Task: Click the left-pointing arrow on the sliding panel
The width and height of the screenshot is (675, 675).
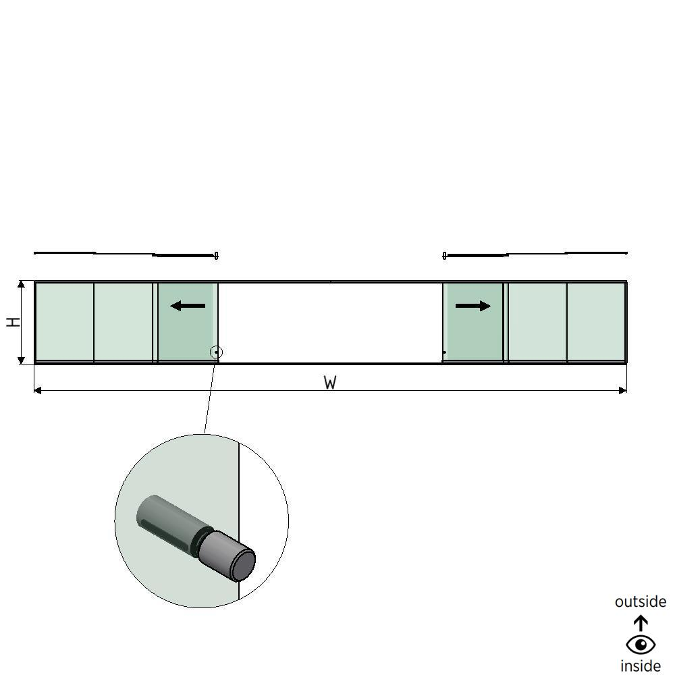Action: (188, 306)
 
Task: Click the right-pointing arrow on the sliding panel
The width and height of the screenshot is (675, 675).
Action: (473, 306)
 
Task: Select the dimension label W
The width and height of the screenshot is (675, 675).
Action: (330, 383)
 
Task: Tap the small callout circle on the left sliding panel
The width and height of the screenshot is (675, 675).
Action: (216, 352)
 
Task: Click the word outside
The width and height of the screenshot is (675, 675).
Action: (640, 601)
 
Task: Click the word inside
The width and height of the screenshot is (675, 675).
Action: (640, 666)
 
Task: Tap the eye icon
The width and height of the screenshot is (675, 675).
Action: (640, 645)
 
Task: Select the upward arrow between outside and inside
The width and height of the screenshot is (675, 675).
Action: (640, 622)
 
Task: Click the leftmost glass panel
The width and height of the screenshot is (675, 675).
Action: (64, 322)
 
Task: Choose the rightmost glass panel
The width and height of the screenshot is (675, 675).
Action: (596, 322)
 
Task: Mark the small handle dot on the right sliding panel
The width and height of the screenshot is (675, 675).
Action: (444, 352)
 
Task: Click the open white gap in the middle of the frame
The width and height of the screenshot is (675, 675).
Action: (330, 322)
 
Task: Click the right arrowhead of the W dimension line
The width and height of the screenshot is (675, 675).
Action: (623, 390)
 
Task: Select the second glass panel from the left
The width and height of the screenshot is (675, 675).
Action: (123, 322)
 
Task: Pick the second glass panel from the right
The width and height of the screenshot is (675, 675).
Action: (537, 322)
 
